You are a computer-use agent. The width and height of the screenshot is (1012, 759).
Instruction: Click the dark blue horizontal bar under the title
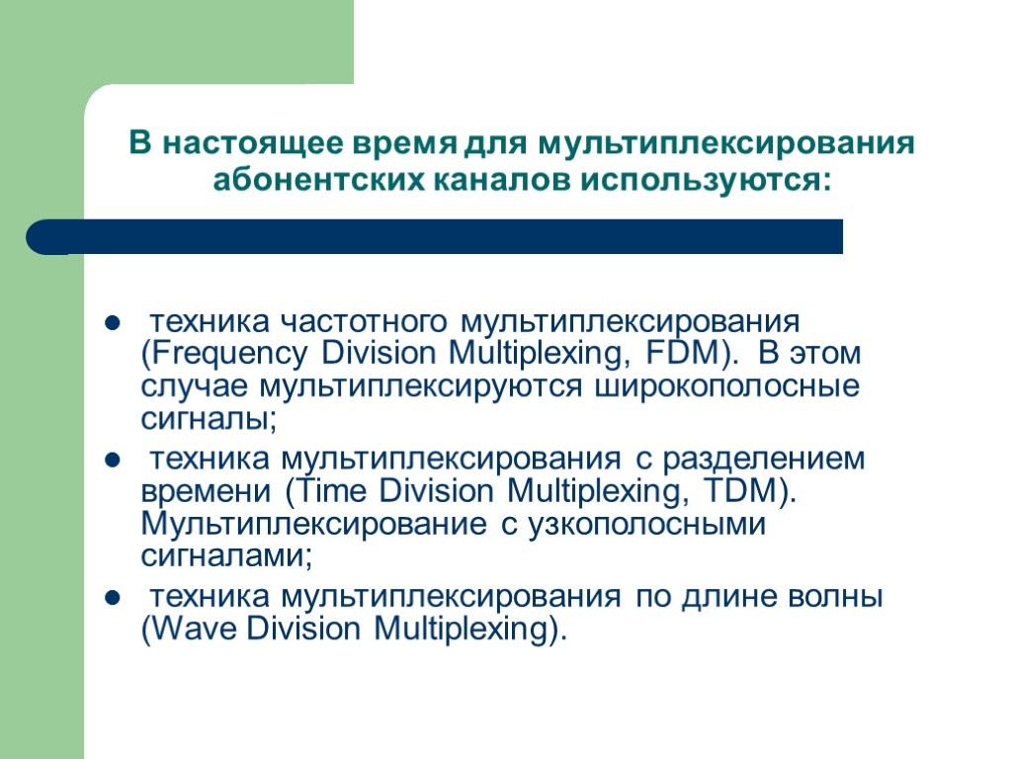(x=435, y=237)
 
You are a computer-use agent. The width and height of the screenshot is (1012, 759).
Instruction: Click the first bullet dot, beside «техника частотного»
(x=113, y=323)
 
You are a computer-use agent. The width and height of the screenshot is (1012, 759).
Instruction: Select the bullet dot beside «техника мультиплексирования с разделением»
(x=113, y=461)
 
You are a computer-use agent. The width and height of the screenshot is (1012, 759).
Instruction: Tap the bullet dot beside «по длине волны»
(x=113, y=598)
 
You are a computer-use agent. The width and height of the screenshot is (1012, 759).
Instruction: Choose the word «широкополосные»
(x=726, y=385)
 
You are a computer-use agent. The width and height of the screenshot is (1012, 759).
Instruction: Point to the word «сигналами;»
(x=226, y=555)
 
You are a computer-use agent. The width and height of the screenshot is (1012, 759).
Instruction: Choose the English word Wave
(x=194, y=629)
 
